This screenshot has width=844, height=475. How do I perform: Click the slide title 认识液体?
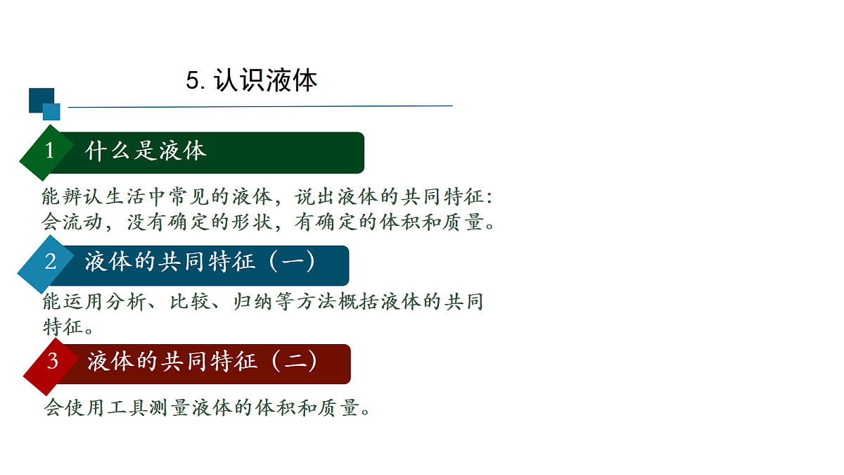(x=266, y=81)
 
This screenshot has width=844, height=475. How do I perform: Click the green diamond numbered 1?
(x=49, y=151)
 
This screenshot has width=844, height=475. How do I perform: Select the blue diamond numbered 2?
(x=50, y=262)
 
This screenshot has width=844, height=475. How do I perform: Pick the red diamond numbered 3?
(x=52, y=362)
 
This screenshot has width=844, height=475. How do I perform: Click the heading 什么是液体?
(x=146, y=151)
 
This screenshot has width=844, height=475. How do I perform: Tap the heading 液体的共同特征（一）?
(x=200, y=262)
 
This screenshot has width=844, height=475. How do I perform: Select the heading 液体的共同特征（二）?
(x=202, y=362)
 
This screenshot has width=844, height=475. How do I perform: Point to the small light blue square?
(x=51, y=111)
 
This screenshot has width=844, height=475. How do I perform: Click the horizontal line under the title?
(x=260, y=106)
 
